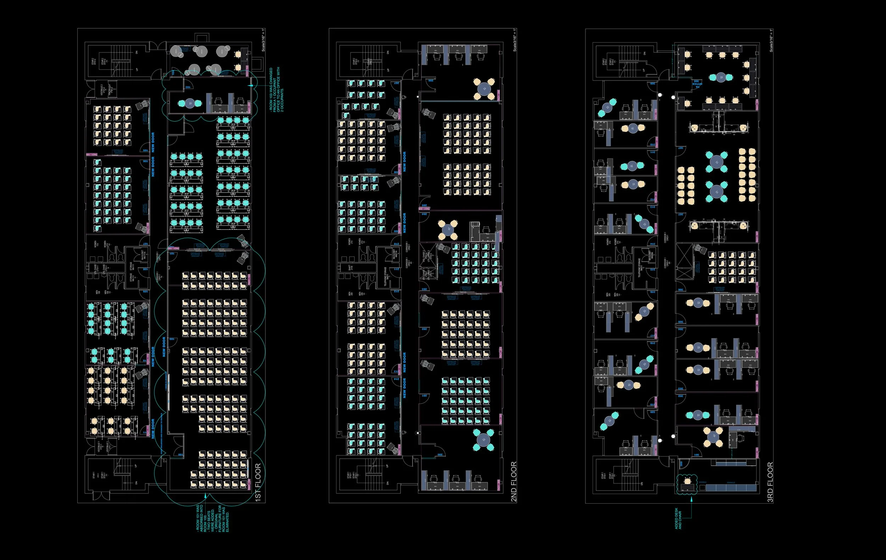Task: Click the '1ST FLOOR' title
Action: point(258,482)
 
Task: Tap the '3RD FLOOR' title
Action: point(770,482)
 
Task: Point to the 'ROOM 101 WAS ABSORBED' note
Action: point(212,519)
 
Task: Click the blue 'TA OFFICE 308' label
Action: point(697,83)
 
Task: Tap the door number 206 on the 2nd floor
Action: point(431,80)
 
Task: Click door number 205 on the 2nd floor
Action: point(424,205)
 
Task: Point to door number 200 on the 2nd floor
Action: point(440,455)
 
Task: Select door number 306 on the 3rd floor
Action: point(681,290)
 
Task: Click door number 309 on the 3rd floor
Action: point(652,84)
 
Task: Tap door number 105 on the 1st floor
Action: point(145,150)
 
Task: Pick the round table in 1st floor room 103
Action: point(190,104)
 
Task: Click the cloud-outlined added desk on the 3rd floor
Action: point(687,484)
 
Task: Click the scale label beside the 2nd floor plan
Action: point(514,40)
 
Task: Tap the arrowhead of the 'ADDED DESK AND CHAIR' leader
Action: point(691,499)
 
